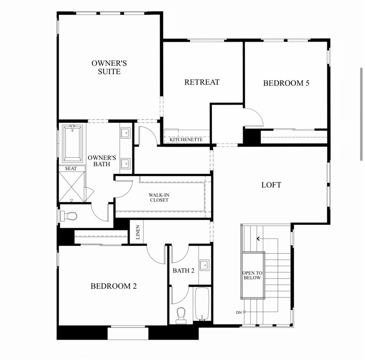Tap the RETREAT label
(202, 82)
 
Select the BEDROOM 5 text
(286, 83)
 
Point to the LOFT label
(271, 185)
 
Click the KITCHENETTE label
(186, 140)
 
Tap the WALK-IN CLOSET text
(159, 197)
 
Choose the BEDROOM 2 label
(113, 286)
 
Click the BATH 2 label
(183, 270)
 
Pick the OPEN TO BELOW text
(252, 275)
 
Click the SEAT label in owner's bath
(71, 168)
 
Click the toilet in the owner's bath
(69, 215)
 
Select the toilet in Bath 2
(180, 315)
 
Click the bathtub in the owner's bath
(72, 143)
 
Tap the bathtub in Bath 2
(201, 303)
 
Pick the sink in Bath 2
(205, 265)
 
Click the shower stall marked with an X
(72, 187)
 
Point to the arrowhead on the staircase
(258, 238)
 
